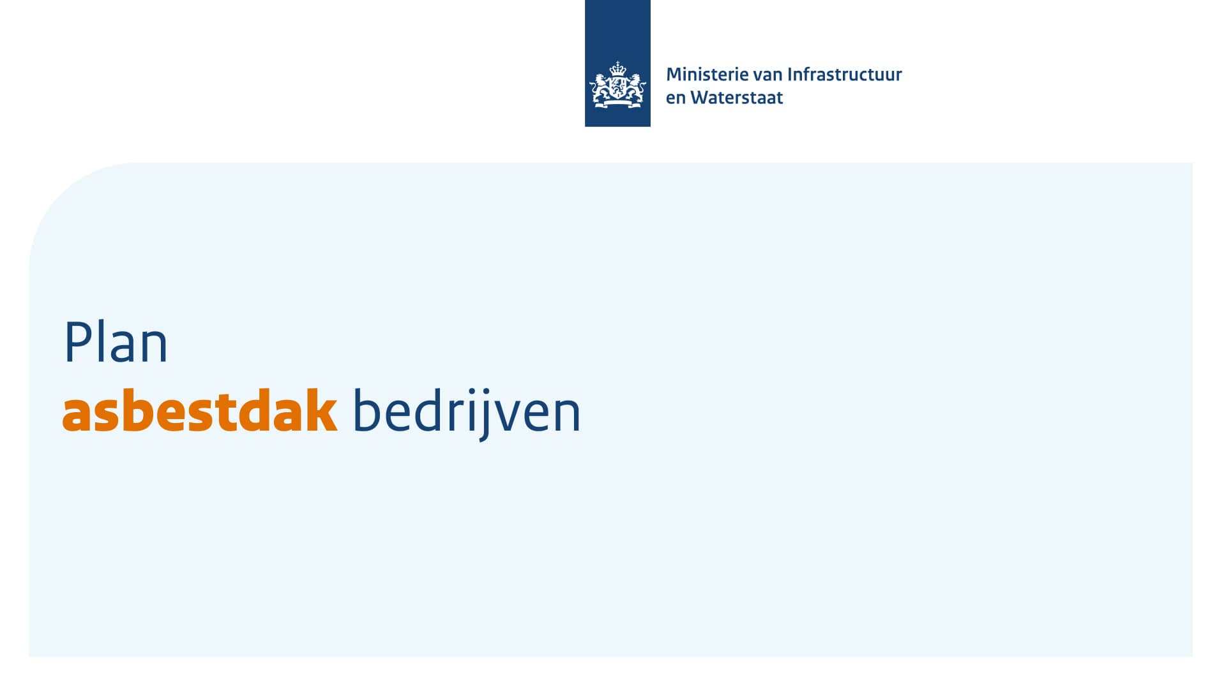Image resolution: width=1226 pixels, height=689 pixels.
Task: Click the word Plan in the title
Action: tap(116, 343)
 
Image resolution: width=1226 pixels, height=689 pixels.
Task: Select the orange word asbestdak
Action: tap(199, 412)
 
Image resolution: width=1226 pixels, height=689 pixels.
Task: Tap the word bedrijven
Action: tap(466, 412)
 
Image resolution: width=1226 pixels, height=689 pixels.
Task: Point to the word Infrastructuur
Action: tap(844, 75)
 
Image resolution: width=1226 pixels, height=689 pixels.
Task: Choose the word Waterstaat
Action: tap(736, 98)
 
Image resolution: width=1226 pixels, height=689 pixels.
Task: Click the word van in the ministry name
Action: tap(768, 75)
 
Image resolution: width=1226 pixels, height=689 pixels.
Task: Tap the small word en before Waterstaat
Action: tap(676, 98)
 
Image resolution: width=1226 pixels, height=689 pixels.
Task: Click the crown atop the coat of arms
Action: tap(617, 68)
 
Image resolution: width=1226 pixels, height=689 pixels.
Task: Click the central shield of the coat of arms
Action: tap(617, 87)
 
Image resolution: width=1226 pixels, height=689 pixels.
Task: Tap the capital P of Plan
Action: tap(75, 343)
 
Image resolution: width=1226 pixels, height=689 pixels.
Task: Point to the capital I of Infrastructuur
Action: tap(790, 75)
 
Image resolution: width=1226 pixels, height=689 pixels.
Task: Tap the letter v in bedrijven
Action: tap(505, 415)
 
